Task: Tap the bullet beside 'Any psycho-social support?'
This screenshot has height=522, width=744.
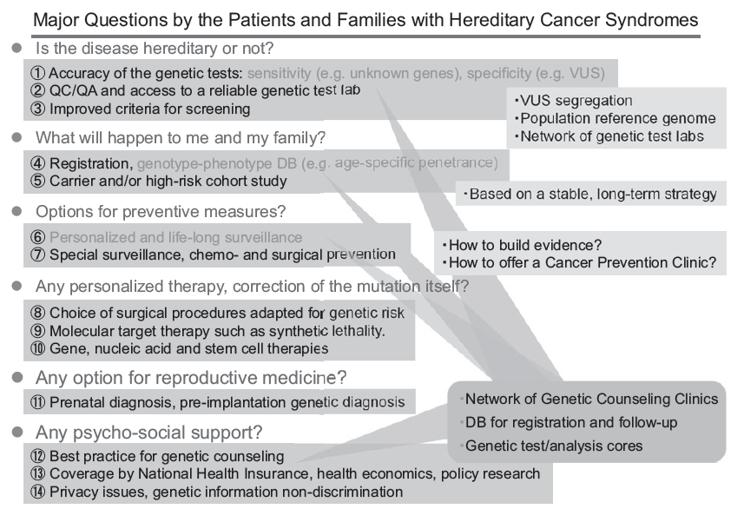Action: pos(16,432)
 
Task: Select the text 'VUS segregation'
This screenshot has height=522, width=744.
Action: pos(577,102)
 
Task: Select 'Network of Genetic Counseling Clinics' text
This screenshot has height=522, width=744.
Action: pos(591,400)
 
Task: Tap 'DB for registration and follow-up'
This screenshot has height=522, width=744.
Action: pos(570,423)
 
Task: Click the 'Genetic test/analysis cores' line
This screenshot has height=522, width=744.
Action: pos(554,446)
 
